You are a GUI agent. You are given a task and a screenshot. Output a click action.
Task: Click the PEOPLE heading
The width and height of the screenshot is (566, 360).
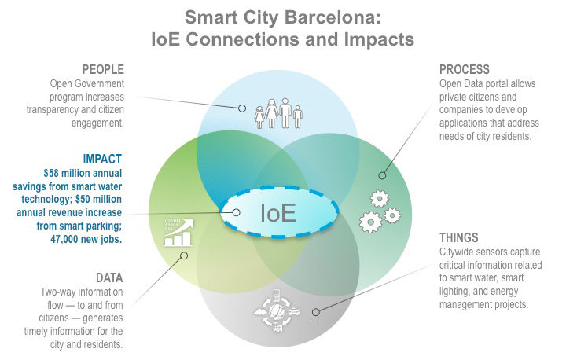103,69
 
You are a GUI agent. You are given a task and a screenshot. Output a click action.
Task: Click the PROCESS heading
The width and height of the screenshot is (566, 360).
465,69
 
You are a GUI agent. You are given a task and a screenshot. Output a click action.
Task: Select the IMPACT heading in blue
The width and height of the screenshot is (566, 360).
102,159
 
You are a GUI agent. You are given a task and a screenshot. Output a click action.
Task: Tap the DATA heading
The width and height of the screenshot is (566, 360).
109,277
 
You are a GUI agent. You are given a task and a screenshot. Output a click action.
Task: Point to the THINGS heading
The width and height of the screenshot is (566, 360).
458,237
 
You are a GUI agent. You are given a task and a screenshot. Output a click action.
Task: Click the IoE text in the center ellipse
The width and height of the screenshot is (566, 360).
278,213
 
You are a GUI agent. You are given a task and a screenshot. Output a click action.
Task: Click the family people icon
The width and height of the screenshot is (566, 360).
278,113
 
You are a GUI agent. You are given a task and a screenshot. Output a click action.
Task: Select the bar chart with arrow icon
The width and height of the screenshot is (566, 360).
178,233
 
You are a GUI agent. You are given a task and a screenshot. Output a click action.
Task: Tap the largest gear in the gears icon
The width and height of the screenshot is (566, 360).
370,222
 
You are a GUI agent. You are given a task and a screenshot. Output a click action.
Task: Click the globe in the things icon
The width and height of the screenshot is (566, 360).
277,311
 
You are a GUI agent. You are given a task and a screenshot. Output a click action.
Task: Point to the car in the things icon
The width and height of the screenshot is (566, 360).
294,311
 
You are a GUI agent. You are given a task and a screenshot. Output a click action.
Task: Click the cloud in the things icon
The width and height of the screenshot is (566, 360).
261,311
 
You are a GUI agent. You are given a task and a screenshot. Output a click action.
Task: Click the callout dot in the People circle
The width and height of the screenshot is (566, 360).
242,108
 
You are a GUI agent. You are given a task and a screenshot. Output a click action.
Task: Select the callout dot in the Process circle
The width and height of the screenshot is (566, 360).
382,175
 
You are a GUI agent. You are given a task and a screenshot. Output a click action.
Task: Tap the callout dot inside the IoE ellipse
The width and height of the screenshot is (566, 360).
236,212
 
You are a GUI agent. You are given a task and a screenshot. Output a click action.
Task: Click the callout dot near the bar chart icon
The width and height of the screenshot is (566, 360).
184,255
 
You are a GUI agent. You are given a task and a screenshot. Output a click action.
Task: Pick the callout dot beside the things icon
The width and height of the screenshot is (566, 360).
316,311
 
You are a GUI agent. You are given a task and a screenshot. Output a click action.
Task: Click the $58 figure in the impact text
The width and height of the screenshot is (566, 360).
50,173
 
